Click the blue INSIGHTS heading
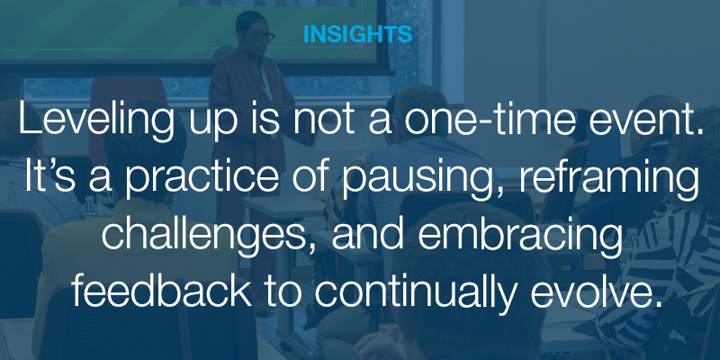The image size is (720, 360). pyautogui.click(x=358, y=35)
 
